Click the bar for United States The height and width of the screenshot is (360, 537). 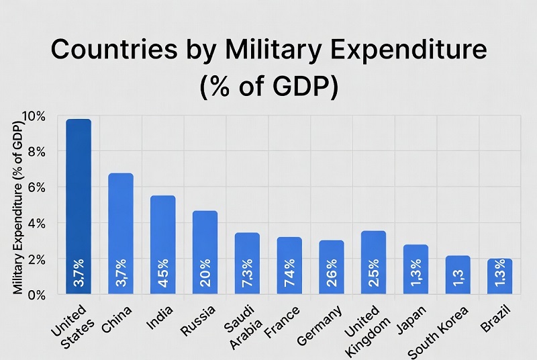click(79, 201)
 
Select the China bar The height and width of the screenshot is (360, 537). click(121, 228)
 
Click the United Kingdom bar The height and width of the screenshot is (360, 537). click(373, 255)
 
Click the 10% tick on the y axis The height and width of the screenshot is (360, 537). click(34, 116)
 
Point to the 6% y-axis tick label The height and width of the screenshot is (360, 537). click(36, 188)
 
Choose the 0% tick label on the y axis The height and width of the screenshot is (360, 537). click(36, 295)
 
